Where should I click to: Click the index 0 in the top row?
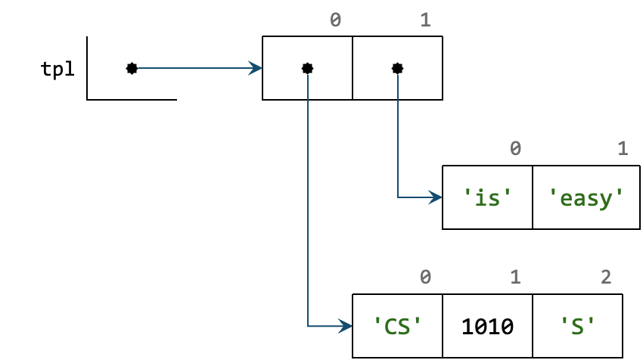point(335,20)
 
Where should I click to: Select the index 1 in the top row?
point(425,20)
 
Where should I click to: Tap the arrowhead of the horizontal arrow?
point(257,68)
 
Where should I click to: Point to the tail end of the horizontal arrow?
point(139,68)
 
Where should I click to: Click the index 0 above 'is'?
point(515,149)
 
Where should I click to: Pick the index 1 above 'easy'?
point(623,149)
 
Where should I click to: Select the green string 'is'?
point(487,197)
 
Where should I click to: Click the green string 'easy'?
point(586,197)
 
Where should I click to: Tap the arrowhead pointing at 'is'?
point(437,197)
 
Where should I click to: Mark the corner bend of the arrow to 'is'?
point(398,197)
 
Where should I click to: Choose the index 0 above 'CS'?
point(425,278)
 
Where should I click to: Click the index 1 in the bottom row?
point(515,278)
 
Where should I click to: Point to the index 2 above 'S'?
point(606,278)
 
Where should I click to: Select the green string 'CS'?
point(397,326)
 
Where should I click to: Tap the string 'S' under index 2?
point(577,326)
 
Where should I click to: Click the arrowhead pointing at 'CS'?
point(347,326)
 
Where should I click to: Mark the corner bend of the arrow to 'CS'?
point(308,326)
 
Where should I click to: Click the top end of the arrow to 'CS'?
point(308,76)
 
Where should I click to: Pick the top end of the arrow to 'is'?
point(398,76)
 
